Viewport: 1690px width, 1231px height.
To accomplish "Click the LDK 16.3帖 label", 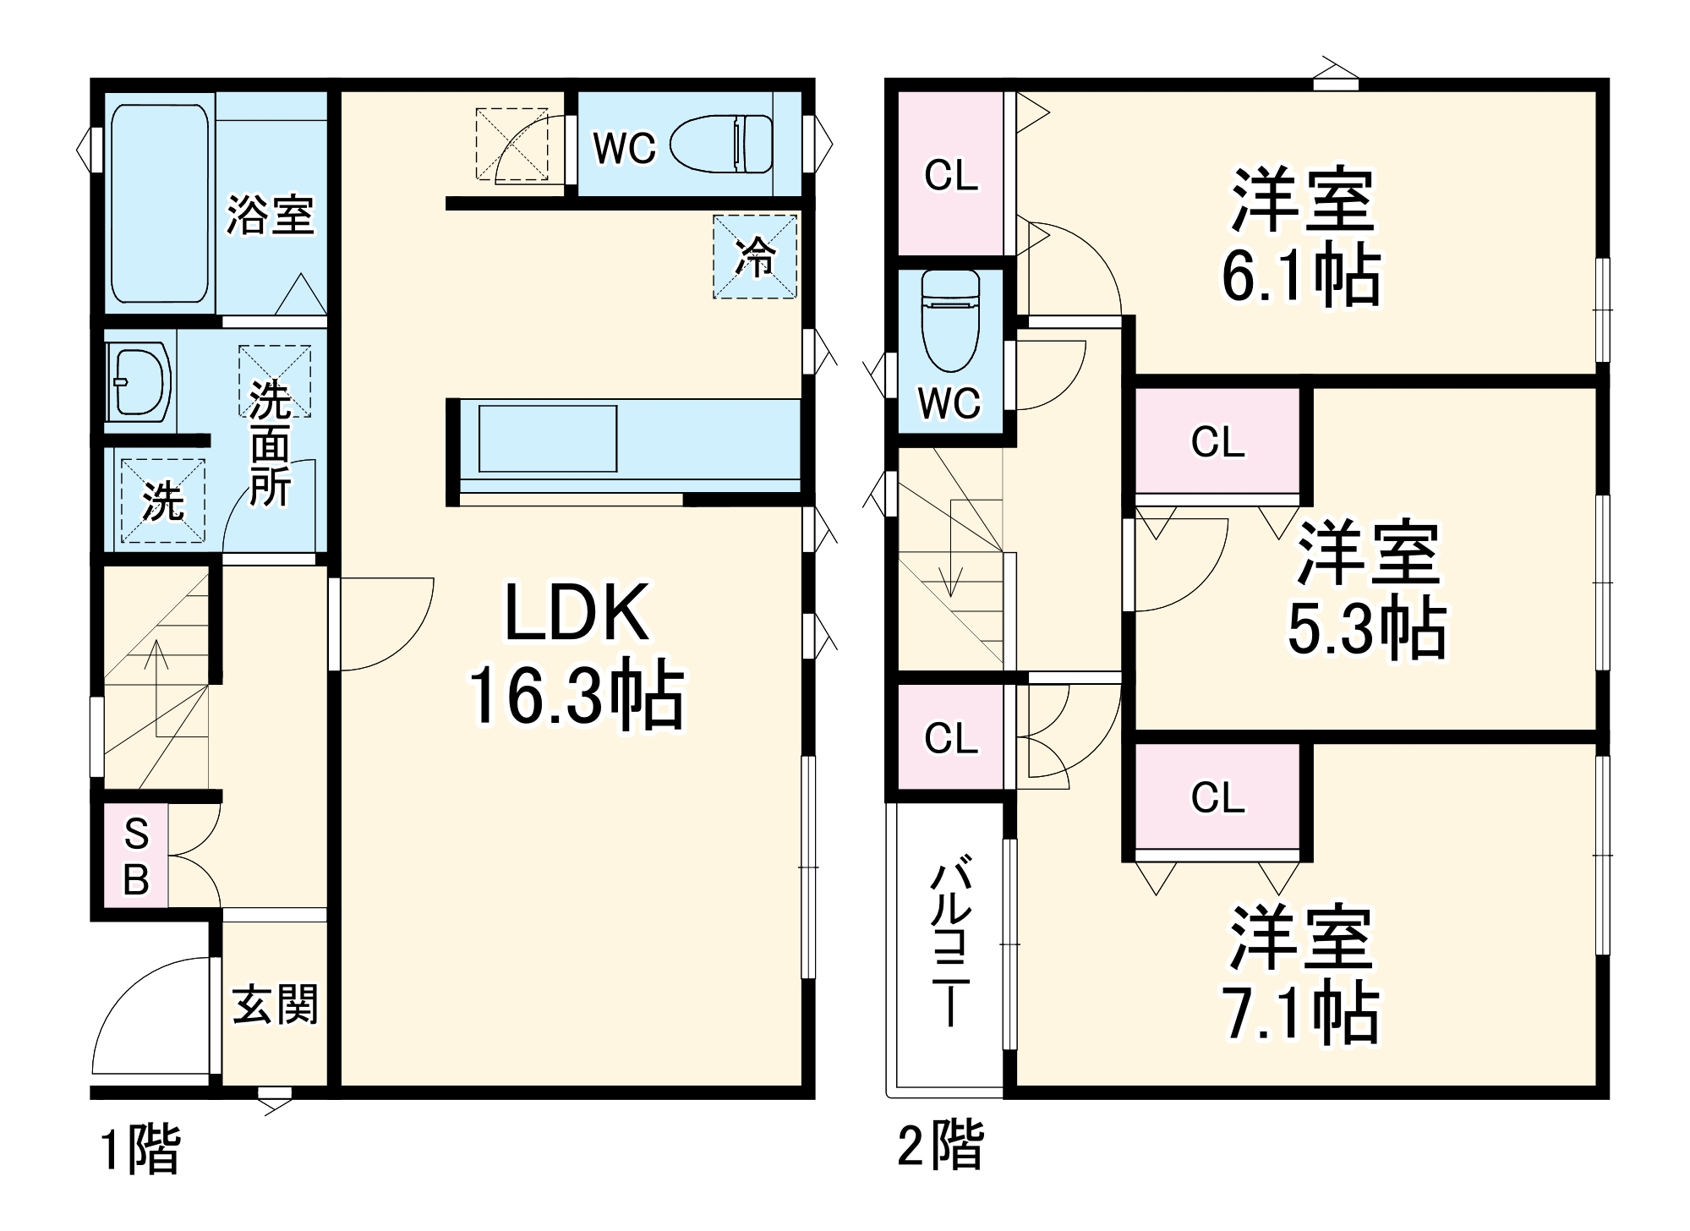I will click(577, 654).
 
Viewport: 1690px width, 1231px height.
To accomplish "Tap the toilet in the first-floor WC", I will click(723, 144).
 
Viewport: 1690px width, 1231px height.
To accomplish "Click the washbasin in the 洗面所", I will click(139, 381).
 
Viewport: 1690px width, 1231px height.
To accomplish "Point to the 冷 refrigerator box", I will click(754, 256).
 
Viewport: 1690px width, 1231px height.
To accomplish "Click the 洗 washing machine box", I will click(162, 501).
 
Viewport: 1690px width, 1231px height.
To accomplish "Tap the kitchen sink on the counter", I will click(547, 438).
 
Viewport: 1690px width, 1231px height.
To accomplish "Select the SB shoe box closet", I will click(136, 856).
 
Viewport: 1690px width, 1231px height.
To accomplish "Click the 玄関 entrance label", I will click(275, 1004).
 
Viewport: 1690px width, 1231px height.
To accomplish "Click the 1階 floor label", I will click(140, 1149).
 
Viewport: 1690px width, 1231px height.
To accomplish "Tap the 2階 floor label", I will click(940, 1146).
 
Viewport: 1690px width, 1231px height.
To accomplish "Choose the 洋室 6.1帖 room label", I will click(1302, 237).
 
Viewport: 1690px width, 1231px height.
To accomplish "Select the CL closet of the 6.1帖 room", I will click(950, 175).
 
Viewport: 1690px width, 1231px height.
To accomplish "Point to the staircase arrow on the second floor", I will click(952, 550).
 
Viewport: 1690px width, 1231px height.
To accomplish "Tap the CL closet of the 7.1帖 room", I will click(1217, 797).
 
